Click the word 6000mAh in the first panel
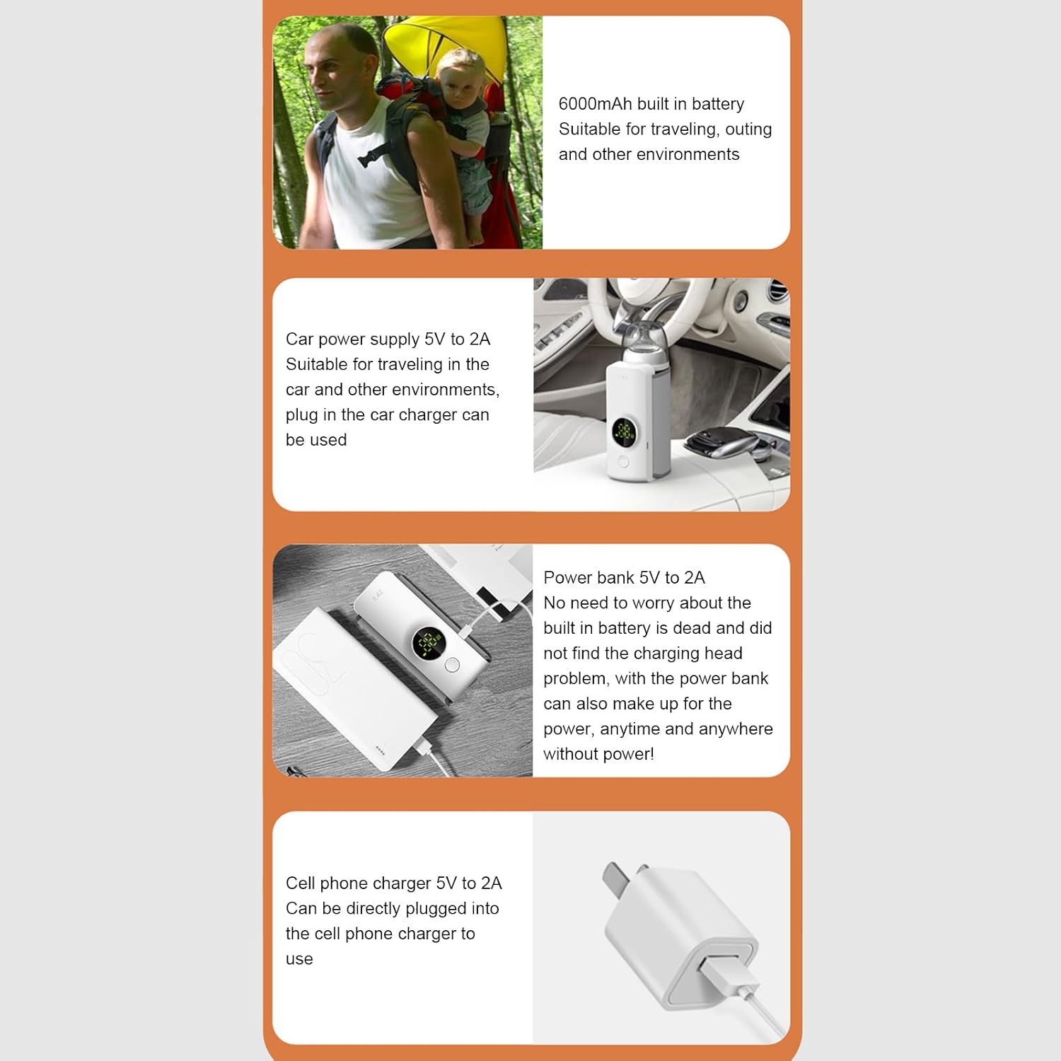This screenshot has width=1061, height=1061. [x=595, y=104]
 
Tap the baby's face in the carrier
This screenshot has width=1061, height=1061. [x=458, y=83]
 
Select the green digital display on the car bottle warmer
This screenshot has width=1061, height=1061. [x=624, y=430]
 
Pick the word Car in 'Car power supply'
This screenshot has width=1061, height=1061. [x=299, y=340]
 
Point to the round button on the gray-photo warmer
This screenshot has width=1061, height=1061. [x=452, y=664]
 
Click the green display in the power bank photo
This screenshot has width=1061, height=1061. [x=428, y=643]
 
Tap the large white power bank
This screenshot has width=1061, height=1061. [x=354, y=686]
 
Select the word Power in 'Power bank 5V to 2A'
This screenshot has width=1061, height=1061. [x=567, y=578]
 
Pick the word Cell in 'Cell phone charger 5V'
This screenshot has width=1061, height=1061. [x=301, y=883]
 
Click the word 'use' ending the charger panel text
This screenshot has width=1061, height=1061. [x=299, y=960]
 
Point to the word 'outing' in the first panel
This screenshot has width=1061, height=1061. [x=748, y=129]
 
